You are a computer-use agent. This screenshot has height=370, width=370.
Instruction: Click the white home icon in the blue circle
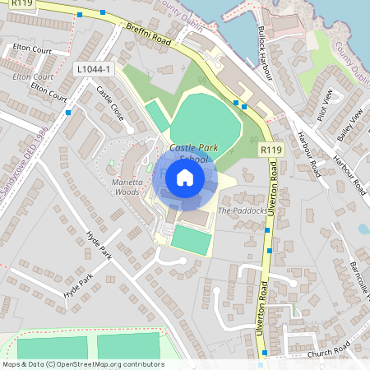point(185,177)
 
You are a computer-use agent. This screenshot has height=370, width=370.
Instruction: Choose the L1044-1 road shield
point(95,71)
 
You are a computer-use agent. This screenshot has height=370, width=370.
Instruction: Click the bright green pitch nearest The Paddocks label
point(190,240)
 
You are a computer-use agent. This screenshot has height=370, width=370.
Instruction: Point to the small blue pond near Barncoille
point(363,229)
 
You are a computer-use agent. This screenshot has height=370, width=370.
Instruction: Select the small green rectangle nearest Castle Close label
point(157,115)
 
